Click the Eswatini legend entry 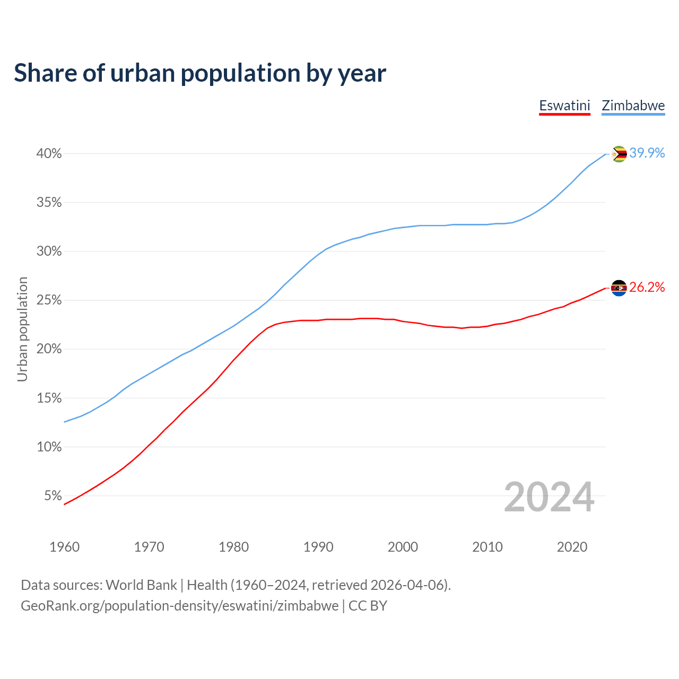click(564, 106)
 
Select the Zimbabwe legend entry click(633, 106)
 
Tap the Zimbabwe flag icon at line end click(619, 154)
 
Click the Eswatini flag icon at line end click(619, 288)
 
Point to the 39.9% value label click(647, 153)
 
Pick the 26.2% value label click(647, 287)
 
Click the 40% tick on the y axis click(49, 154)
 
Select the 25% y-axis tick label click(49, 300)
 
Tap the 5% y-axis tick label click(53, 496)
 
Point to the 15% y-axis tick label click(49, 398)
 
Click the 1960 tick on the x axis click(64, 547)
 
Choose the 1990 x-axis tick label click(318, 547)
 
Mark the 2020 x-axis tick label click(572, 547)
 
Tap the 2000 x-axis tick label click(403, 547)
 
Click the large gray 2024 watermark click(549, 497)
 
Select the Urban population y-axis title click(22, 329)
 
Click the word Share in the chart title click(45, 73)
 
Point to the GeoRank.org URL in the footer click(179, 606)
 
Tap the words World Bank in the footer click(141, 585)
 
